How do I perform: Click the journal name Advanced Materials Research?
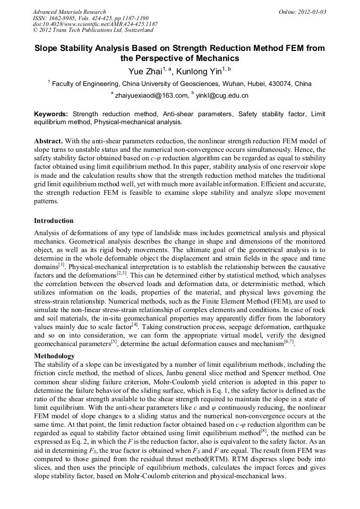[69, 12]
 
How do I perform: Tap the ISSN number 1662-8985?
[63, 18]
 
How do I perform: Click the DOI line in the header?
[95, 24]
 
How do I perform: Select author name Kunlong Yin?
[200, 71]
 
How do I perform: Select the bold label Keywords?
[51, 114]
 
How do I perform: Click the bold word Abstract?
[48, 141]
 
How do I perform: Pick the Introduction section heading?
[54, 220]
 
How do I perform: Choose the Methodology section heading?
[54, 356]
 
